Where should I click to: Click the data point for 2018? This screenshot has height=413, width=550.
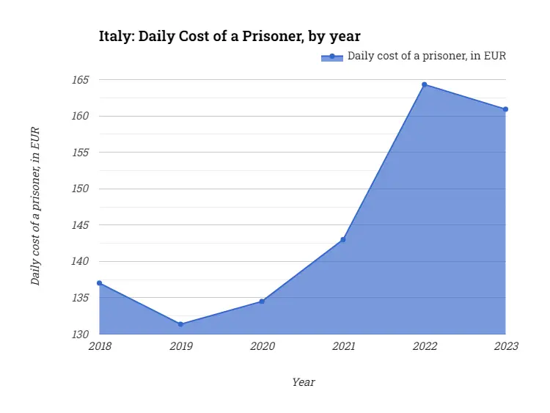tap(99, 283)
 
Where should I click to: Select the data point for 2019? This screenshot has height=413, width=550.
tap(180, 324)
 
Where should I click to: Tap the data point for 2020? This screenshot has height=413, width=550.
tap(262, 301)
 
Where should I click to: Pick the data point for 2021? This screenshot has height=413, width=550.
tap(343, 240)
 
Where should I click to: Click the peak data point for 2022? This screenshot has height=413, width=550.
tap(425, 84)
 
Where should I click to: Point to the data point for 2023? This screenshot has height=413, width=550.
tap(506, 109)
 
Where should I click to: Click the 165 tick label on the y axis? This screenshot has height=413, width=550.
tap(80, 79)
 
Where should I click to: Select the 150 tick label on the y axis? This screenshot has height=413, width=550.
tap(80, 189)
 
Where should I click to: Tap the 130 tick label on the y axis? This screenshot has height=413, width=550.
tap(80, 335)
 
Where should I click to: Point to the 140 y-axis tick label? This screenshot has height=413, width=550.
tap(80, 261)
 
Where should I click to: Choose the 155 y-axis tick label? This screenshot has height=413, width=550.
tap(80, 153)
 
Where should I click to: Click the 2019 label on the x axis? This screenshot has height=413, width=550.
tap(180, 346)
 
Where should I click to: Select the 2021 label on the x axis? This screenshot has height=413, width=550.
tap(343, 346)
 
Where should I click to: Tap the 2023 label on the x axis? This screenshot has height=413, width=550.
tap(506, 346)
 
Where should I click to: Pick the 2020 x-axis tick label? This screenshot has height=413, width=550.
tap(262, 346)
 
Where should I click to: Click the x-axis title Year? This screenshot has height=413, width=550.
tap(303, 382)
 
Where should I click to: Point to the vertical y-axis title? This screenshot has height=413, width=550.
tap(34, 206)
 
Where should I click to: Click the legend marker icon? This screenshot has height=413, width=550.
tap(332, 56)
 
